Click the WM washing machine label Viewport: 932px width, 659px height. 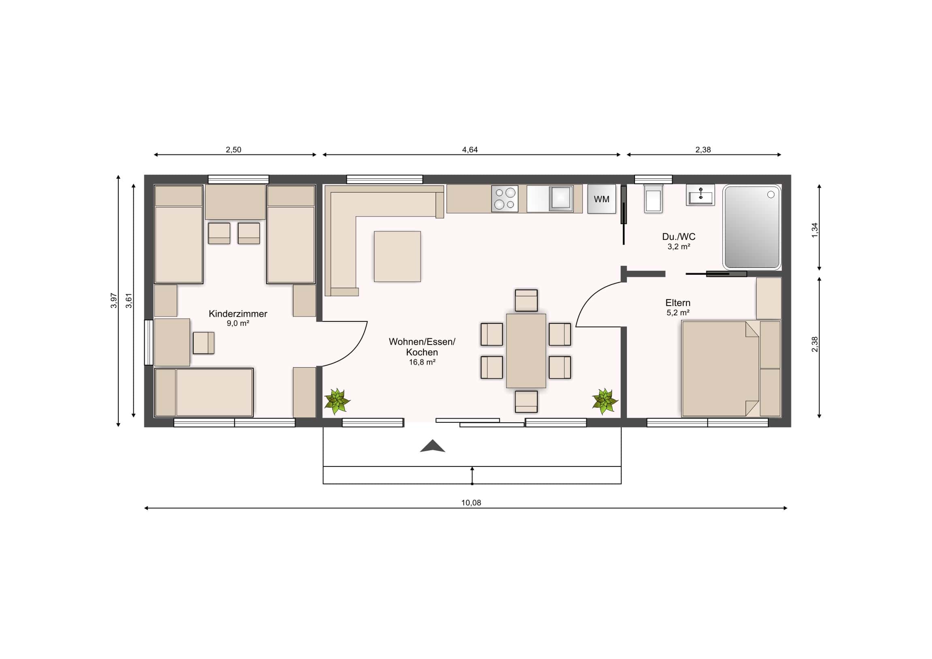(x=601, y=199)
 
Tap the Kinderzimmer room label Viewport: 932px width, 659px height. (x=238, y=313)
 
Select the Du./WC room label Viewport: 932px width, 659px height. (x=679, y=236)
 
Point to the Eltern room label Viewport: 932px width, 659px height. (x=678, y=302)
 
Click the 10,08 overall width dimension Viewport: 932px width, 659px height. (x=471, y=503)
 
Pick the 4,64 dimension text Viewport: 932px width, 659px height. (x=470, y=150)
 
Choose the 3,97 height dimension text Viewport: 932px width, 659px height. (x=114, y=301)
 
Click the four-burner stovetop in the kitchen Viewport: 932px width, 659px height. (x=504, y=199)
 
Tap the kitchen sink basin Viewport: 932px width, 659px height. (x=561, y=199)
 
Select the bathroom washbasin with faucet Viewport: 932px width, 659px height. (x=700, y=195)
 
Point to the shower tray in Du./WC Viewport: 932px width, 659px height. (x=752, y=227)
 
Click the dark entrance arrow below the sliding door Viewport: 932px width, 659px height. (x=432, y=446)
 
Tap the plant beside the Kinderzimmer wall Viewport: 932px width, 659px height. (x=337, y=402)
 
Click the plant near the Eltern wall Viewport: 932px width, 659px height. (x=605, y=401)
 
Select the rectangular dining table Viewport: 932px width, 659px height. (x=526, y=351)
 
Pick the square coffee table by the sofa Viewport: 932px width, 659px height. (x=398, y=257)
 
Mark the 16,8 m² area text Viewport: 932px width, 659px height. (x=422, y=362)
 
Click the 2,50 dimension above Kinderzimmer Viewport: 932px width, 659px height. (x=233, y=150)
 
